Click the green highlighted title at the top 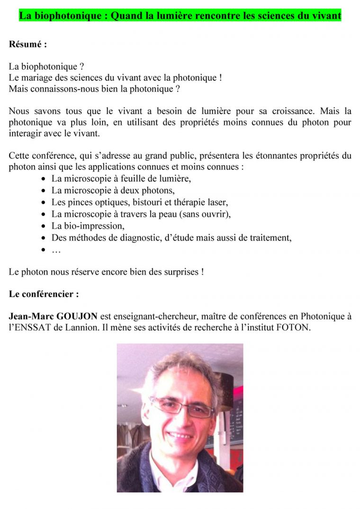(180, 16)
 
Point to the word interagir (25, 134)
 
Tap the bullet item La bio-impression (88, 226)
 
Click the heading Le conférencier (44, 294)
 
